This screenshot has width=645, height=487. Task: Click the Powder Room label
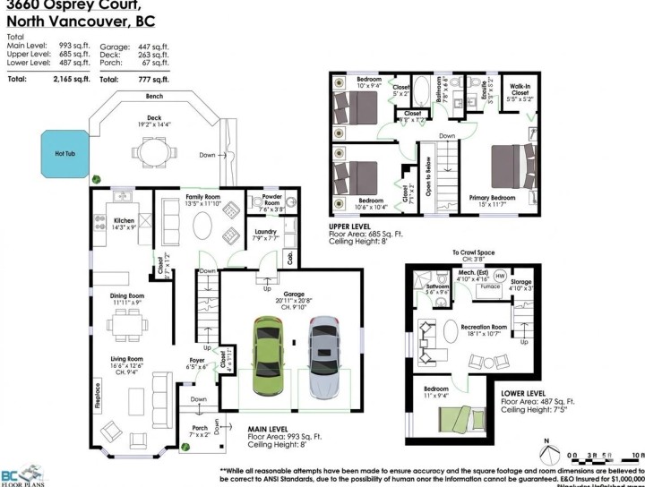pyautogui.click(x=271, y=203)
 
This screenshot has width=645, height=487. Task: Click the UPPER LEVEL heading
pyautogui.click(x=351, y=227)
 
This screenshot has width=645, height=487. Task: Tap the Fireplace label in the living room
pyautogui.click(x=95, y=395)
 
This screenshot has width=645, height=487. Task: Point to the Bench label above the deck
pyautogui.click(x=154, y=95)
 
